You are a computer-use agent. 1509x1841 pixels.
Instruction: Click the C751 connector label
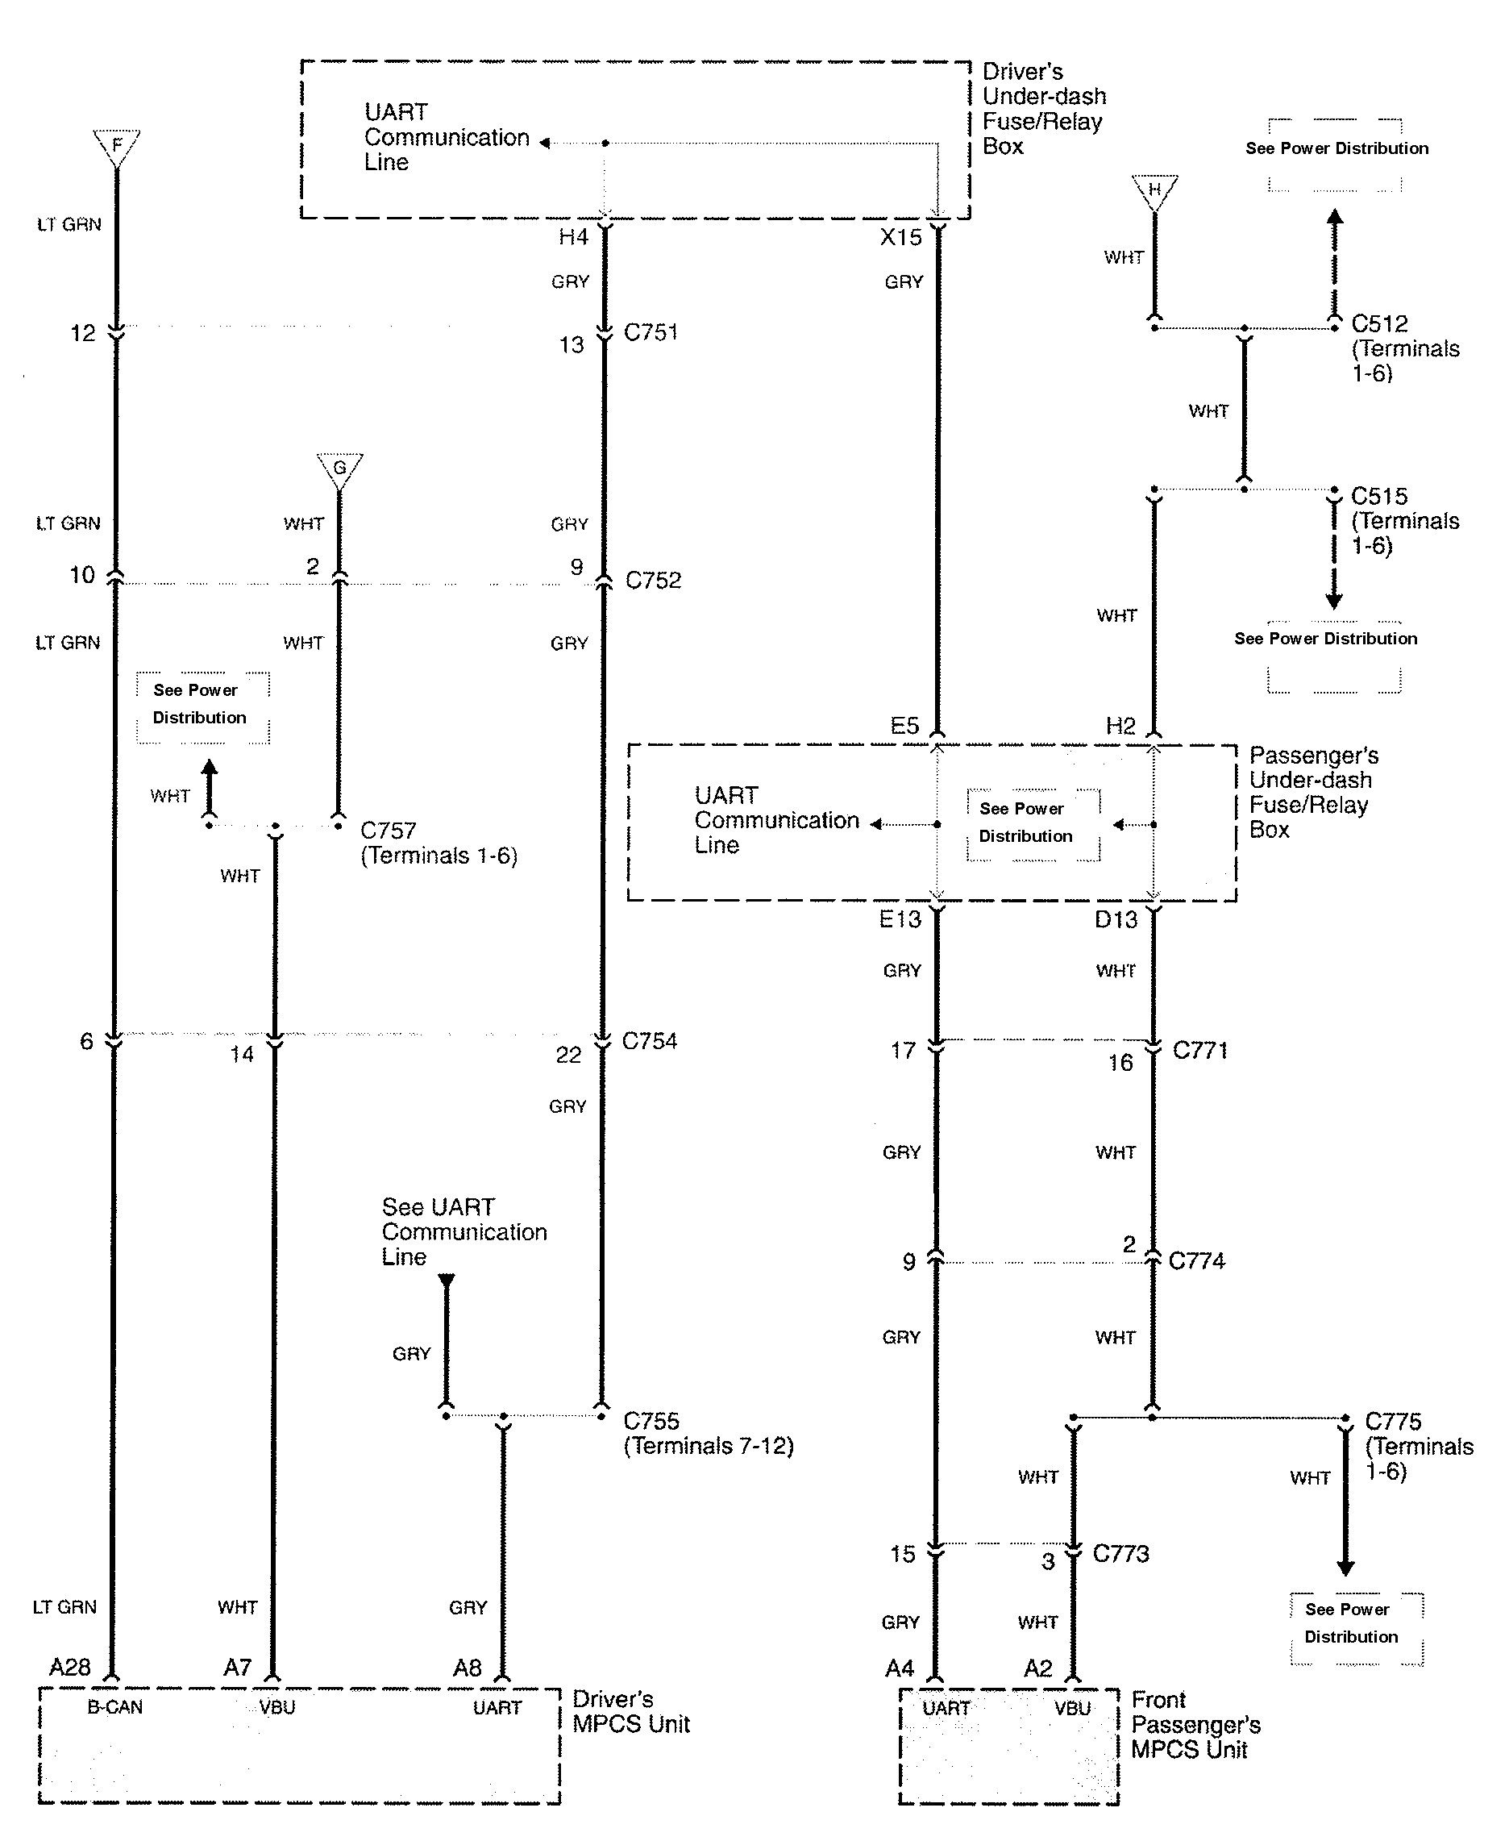(x=651, y=332)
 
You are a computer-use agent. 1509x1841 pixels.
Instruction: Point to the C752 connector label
(x=653, y=580)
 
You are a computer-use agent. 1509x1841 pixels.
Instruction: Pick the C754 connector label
(x=650, y=1041)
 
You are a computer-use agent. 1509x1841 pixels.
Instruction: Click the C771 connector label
(x=1199, y=1051)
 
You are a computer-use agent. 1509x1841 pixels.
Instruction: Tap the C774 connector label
(x=1196, y=1260)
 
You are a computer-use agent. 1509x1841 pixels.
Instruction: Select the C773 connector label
(x=1120, y=1553)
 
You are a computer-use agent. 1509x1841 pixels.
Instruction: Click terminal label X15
(x=900, y=237)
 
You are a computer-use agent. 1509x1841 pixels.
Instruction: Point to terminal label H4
(x=574, y=237)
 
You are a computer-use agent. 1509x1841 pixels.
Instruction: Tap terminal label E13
(x=900, y=919)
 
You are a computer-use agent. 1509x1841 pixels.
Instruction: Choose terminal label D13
(x=1116, y=919)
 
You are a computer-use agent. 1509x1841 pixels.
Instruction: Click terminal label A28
(x=69, y=1667)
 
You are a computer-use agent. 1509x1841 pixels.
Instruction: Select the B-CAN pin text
(x=114, y=1707)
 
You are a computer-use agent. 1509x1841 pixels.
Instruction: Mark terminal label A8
(x=467, y=1668)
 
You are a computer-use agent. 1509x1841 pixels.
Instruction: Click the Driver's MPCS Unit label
(x=631, y=1711)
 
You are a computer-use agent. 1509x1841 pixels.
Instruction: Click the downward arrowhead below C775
(x=1345, y=1568)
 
